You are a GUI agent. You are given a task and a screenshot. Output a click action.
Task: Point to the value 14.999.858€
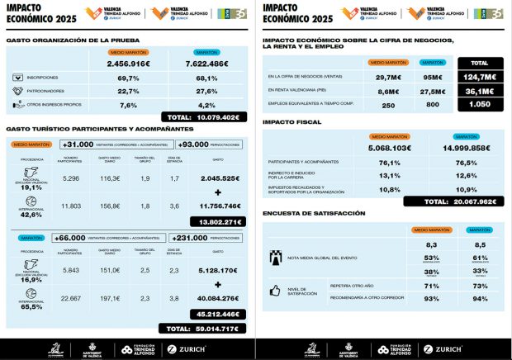(x=460, y=148)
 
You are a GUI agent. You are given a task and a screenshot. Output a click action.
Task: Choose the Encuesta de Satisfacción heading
(x=313, y=213)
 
